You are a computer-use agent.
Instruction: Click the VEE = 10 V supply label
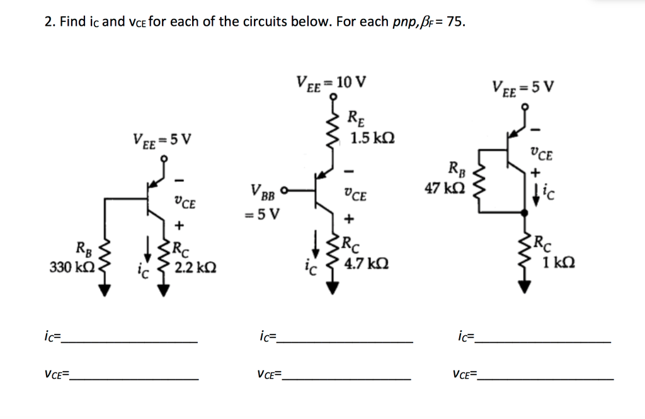click(331, 82)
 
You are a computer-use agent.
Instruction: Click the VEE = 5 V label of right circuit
click(523, 86)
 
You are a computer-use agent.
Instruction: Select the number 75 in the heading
click(455, 23)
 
